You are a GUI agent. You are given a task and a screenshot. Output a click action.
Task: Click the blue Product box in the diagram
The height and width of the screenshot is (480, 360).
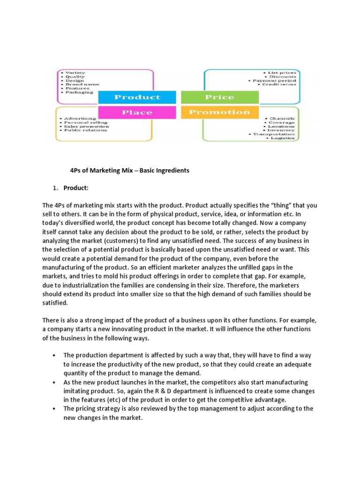(x=137, y=97)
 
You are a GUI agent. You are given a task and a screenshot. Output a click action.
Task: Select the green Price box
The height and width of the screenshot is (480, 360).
(x=219, y=97)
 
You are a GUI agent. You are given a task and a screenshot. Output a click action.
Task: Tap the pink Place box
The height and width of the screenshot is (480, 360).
(x=137, y=112)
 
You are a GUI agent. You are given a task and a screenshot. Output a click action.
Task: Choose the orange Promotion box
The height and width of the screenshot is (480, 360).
(x=219, y=112)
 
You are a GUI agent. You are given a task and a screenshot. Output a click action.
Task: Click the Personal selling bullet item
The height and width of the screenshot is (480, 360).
(x=82, y=122)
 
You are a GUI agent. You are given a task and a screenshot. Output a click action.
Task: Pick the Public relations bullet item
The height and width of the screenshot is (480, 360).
(x=83, y=130)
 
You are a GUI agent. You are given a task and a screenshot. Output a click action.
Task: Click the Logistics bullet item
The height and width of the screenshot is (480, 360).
(x=281, y=138)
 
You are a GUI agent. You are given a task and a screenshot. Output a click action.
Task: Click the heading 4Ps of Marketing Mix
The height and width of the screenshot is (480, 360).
(x=127, y=171)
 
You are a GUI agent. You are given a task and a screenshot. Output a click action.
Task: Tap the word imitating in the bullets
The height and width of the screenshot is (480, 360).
(x=78, y=391)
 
